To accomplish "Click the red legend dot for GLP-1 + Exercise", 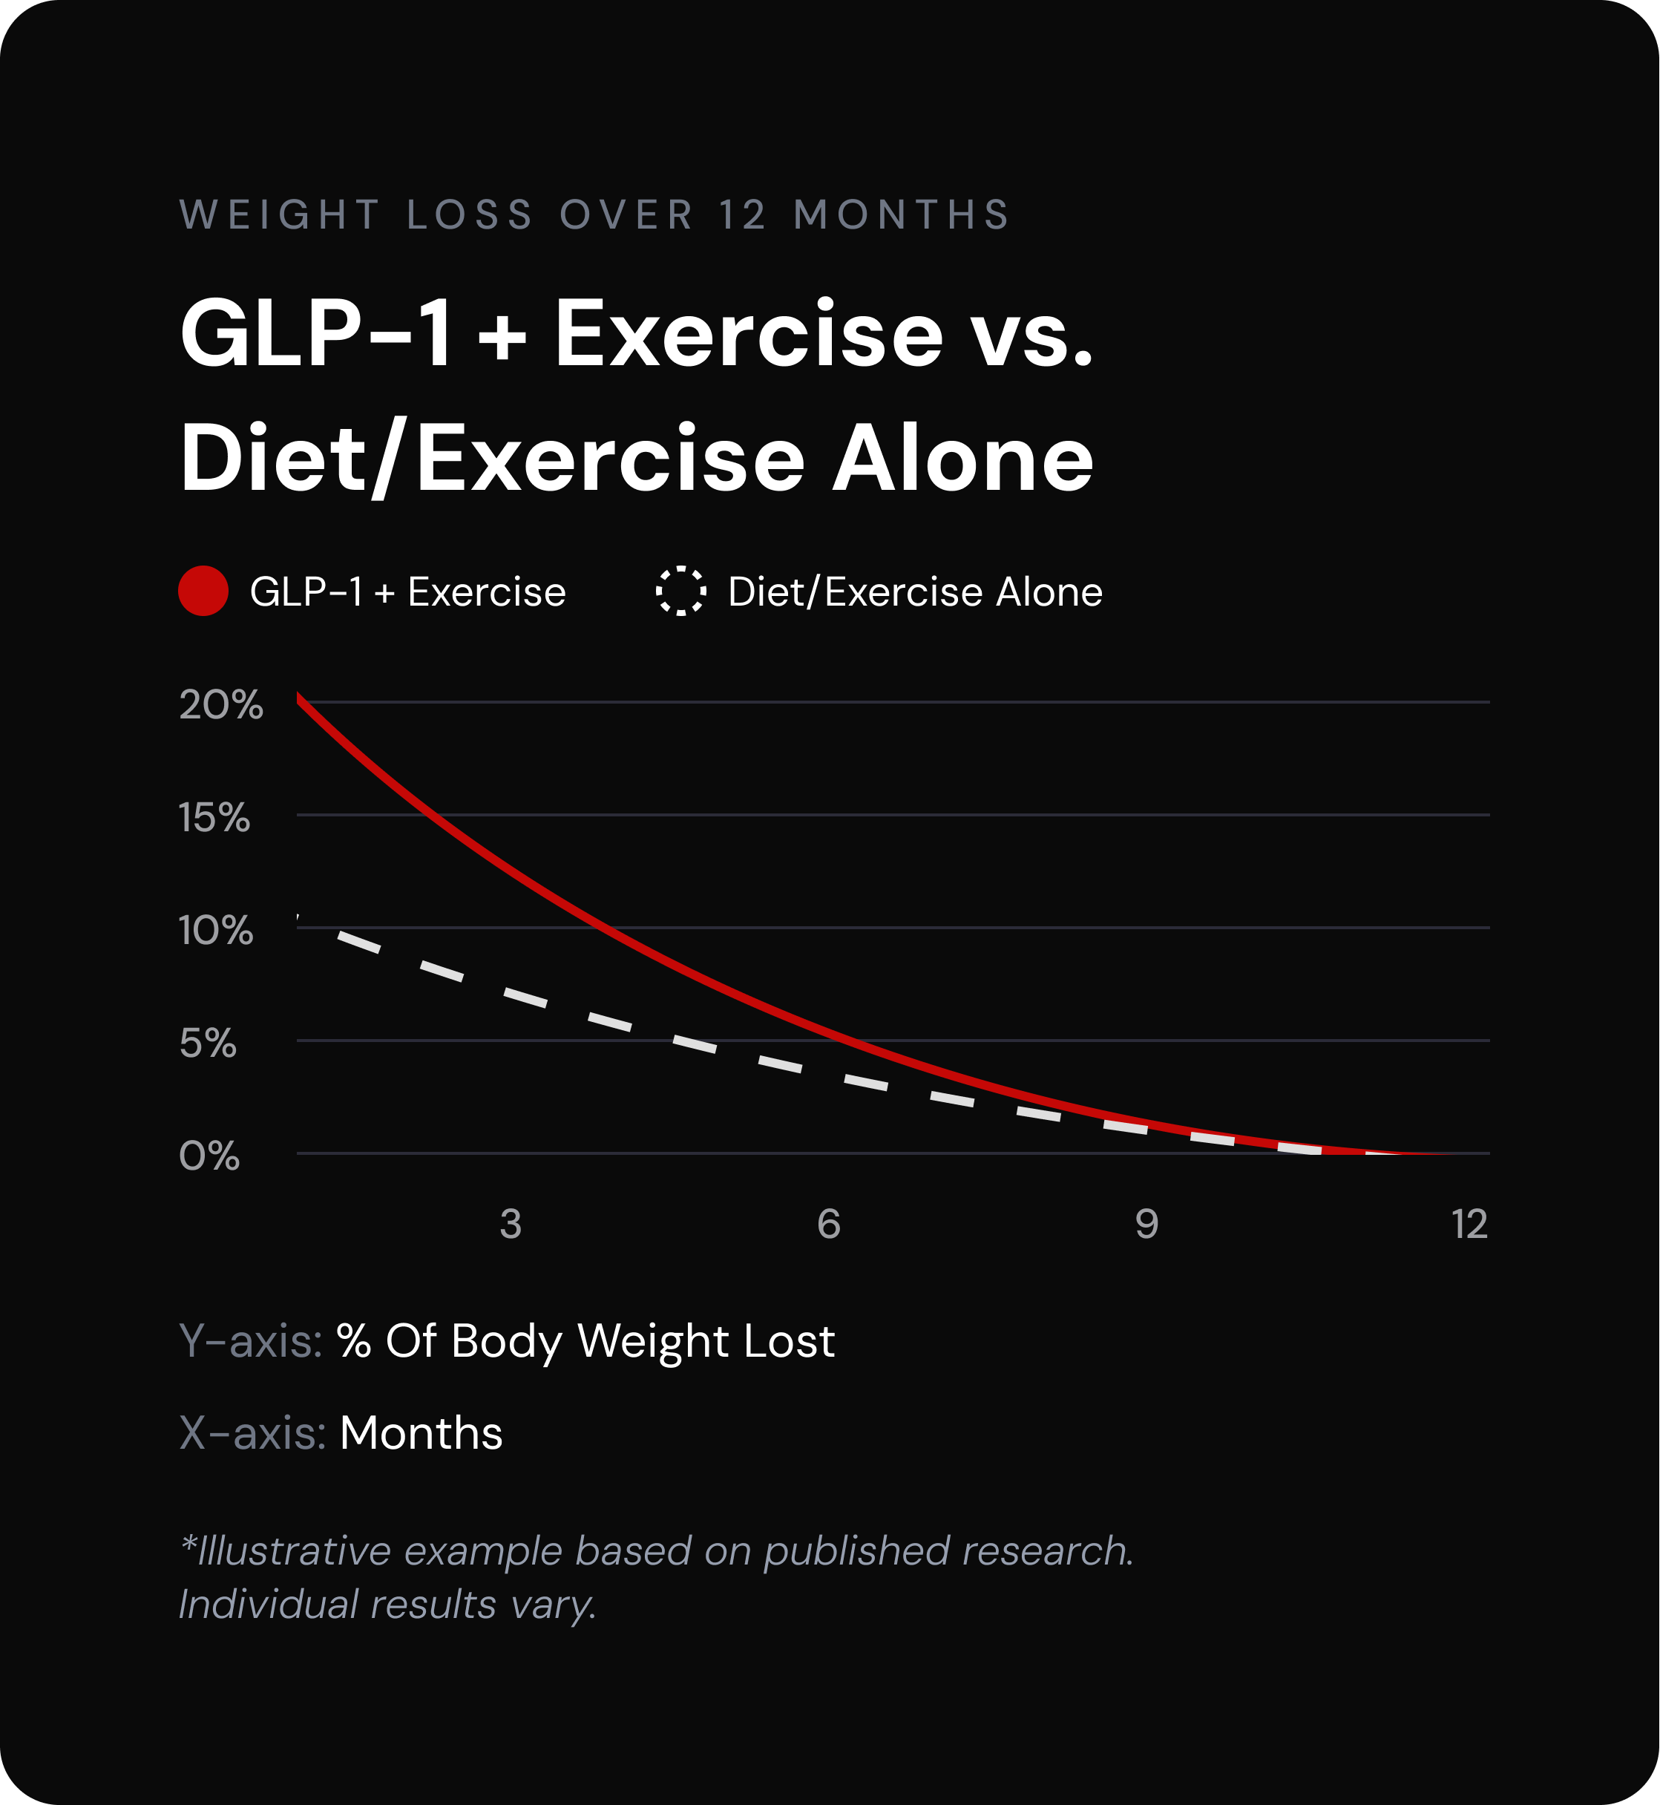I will pyautogui.click(x=203, y=592).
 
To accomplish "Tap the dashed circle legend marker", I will pyautogui.click(x=681, y=592).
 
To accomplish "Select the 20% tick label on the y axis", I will pyautogui.click(x=221, y=704).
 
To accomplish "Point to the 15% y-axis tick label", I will pyautogui.click(x=214, y=818).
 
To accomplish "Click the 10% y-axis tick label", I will pyautogui.click(x=216, y=930).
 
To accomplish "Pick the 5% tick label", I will pyautogui.click(x=208, y=1043).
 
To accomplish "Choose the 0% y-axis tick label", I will pyautogui.click(x=209, y=1156).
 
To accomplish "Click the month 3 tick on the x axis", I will pyautogui.click(x=511, y=1224).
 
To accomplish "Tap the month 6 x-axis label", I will pyautogui.click(x=828, y=1224).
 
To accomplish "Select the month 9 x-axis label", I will pyautogui.click(x=1146, y=1224).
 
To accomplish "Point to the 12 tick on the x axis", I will pyautogui.click(x=1469, y=1224).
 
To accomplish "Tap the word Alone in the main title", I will pyautogui.click(x=963, y=459).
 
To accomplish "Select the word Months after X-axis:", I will pyautogui.click(x=421, y=1432).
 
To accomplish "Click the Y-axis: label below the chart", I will pyautogui.click(x=251, y=1340).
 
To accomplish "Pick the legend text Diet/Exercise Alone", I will pyautogui.click(x=914, y=592).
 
